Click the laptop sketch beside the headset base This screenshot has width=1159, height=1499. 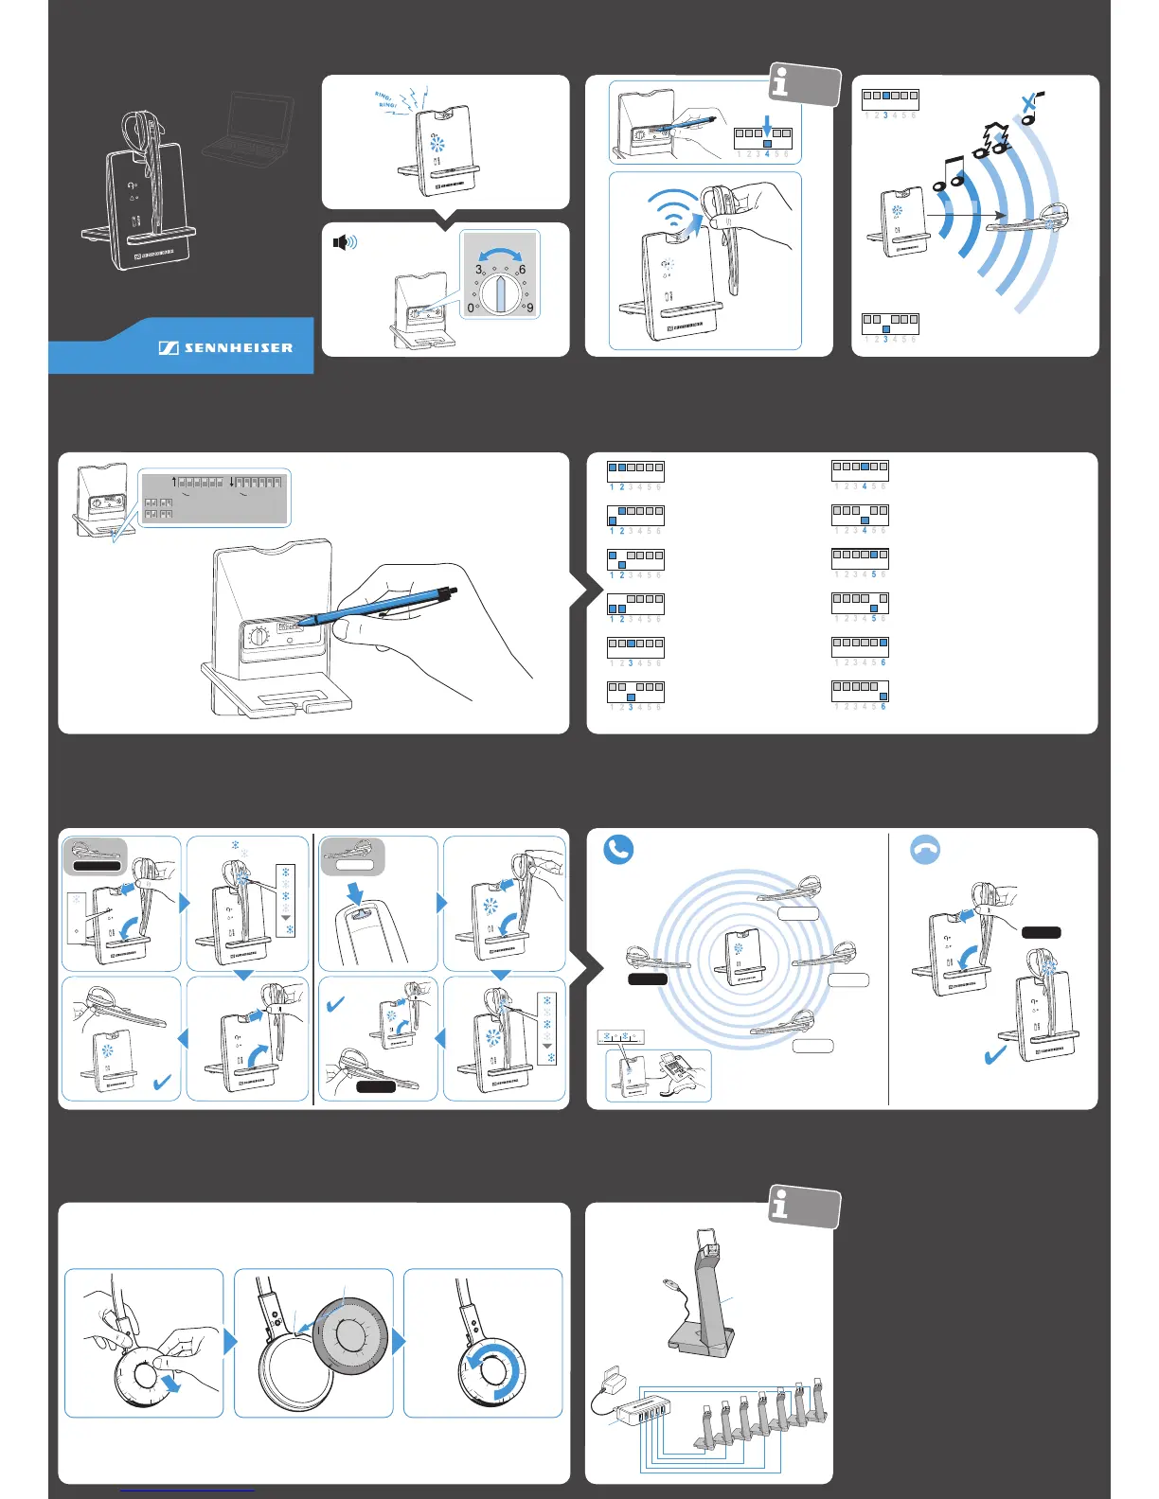pos(248,124)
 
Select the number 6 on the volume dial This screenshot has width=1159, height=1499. pos(522,270)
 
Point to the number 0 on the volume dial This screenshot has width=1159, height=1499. pos(471,308)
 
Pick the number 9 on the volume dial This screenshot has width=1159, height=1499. pos(529,308)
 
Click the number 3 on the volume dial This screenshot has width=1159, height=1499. pos(479,270)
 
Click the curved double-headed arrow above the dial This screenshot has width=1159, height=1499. pos(500,254)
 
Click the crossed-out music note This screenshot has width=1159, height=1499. pos(1030,107)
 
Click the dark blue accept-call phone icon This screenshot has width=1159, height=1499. pos(618,850)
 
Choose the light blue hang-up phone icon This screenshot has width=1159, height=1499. pos(925,850)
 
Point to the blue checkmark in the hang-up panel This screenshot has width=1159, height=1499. pos(995,1054)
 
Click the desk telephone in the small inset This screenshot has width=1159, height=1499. pos(678,1069)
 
